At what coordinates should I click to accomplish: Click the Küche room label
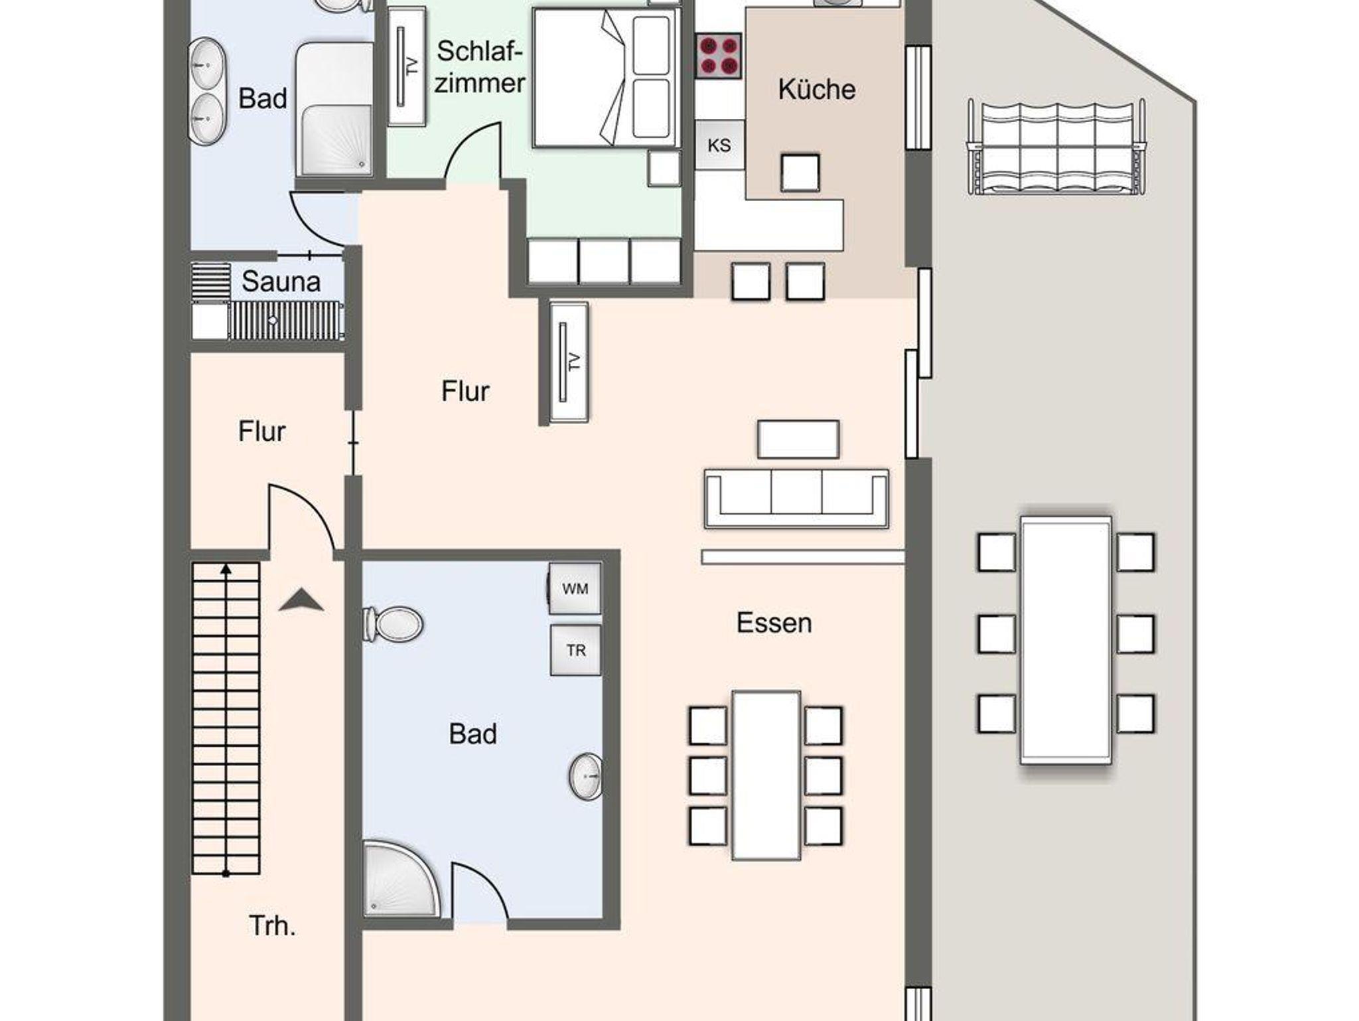click(816, 90)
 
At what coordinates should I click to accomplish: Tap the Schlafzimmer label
click(480, 67)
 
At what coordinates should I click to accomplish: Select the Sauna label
click(281, 281)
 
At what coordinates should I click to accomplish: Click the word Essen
click(774, 623)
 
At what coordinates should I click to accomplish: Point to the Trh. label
click(272, 925)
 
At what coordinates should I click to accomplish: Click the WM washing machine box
click(575, 588)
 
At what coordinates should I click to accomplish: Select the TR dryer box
click(576, 650)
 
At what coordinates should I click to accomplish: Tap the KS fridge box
click(719, 145)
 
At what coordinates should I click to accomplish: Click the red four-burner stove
click(719, 56)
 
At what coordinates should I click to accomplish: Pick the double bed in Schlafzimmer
click(607, 78)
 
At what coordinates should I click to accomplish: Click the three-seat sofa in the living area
click(796, 498)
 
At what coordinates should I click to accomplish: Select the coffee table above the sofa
click(798, 439)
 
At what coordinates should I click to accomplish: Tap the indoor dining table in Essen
click(766, 775)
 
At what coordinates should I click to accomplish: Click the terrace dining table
click(1066, 639)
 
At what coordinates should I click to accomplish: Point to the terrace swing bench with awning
click(1056, 147)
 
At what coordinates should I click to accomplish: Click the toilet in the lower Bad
click(393, 624)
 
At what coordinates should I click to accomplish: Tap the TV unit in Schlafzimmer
click(407, 66)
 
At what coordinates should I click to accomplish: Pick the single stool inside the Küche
click(800, 173)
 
